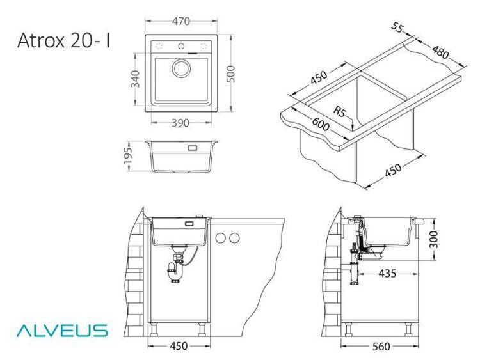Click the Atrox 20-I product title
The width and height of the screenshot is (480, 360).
pos(63,40)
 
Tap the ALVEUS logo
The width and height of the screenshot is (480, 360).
pos(62,331)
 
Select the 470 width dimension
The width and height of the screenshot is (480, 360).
pos(181,21)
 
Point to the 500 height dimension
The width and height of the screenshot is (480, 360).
pos(231,74)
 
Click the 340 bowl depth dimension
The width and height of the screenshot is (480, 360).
pos(135,79)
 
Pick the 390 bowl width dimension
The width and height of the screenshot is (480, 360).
pos(180,123)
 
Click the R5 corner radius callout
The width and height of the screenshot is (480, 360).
pos(339,111)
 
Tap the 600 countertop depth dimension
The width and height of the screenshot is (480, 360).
pos(321,124)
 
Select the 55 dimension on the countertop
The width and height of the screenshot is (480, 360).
pos(397,28)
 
